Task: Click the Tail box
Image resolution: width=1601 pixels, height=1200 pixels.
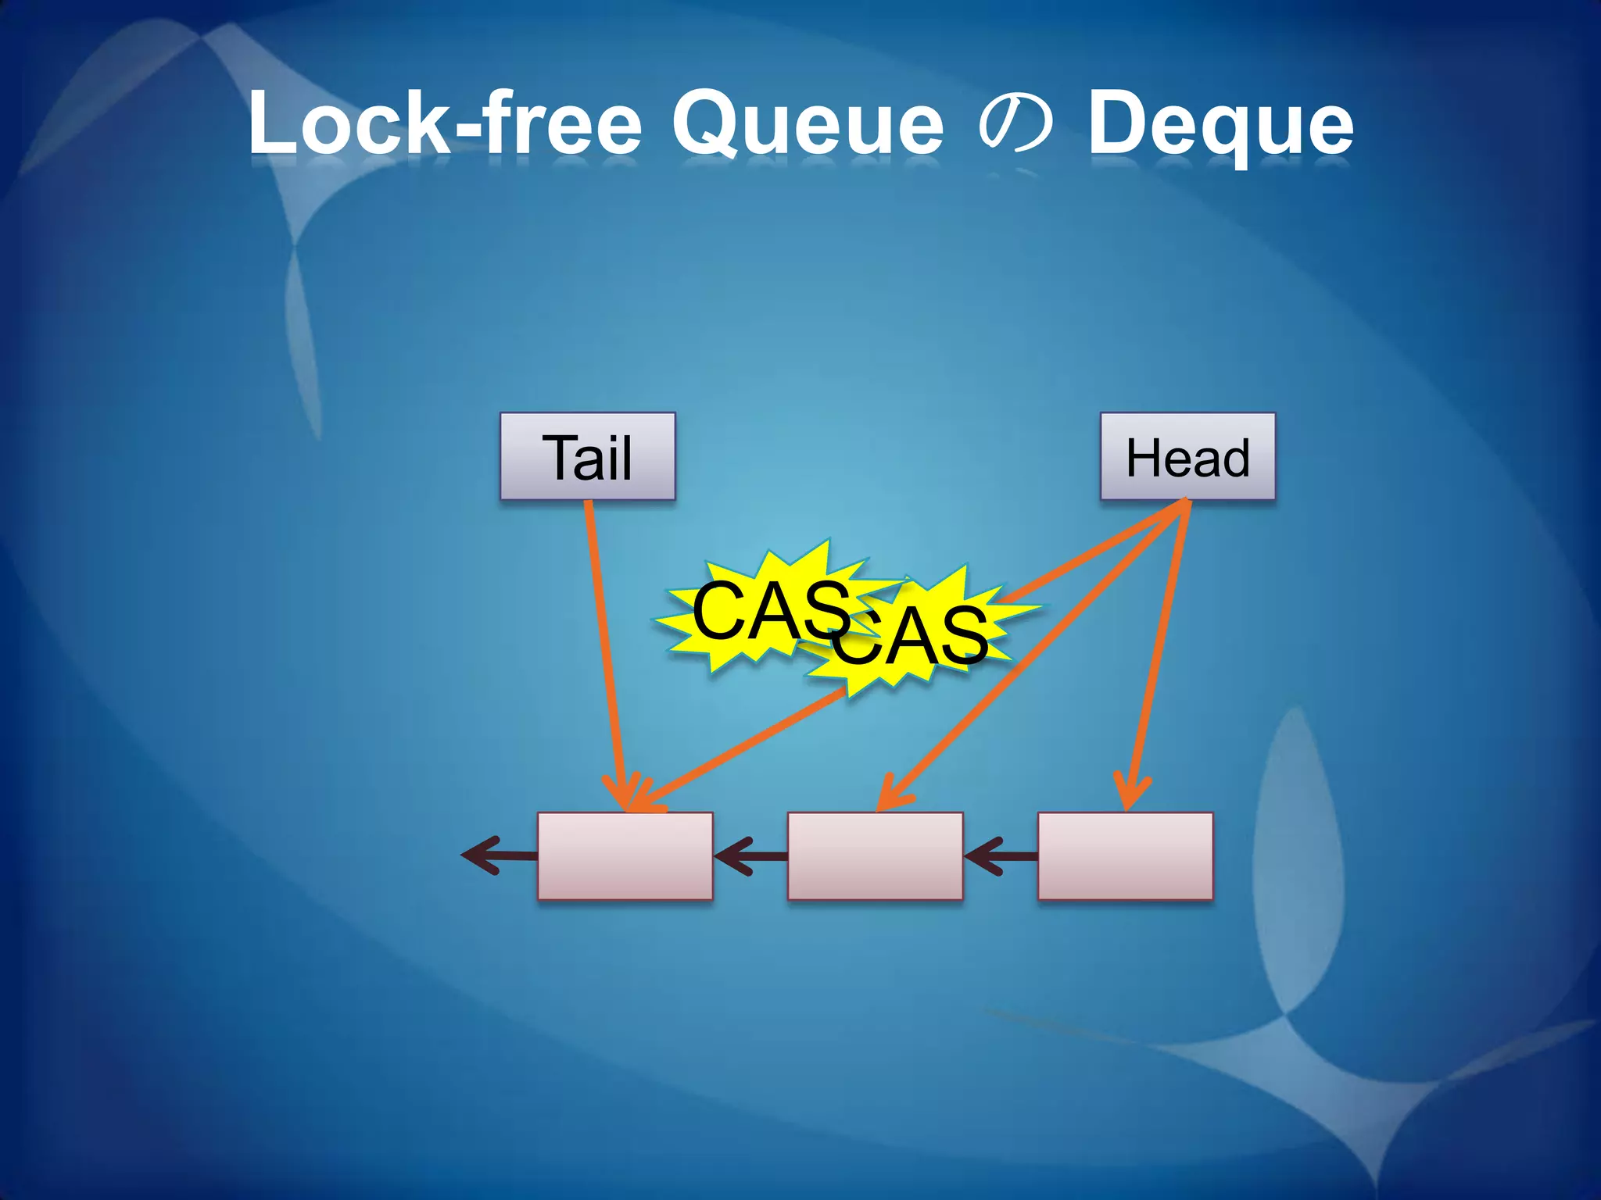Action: pyautogui.click(x=587, y=456)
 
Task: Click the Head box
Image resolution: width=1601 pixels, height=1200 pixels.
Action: pyautogui.click(x=1187, y=456)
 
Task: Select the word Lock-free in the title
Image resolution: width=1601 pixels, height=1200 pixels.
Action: pyautogui.click(x=445, y=123)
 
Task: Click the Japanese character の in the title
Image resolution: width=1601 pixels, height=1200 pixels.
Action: pyautogui.click(x=1015, y=125)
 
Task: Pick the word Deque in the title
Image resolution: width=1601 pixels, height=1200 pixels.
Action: pyautogui.click(x=1220, y=125)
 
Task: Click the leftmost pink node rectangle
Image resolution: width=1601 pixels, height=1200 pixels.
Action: pyautogui.click(x=625, y=856)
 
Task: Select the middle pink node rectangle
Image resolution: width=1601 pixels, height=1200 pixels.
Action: pyautogui.click(x=875, y=856)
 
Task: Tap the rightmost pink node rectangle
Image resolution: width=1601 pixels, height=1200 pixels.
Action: pyautogui.click(x=1125, y=856)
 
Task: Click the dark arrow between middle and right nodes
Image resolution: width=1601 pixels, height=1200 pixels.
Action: pyautogui.click(x=1001, y=856)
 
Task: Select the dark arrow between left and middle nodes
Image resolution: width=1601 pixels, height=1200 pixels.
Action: pyautogui.click(x=750, y=856)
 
